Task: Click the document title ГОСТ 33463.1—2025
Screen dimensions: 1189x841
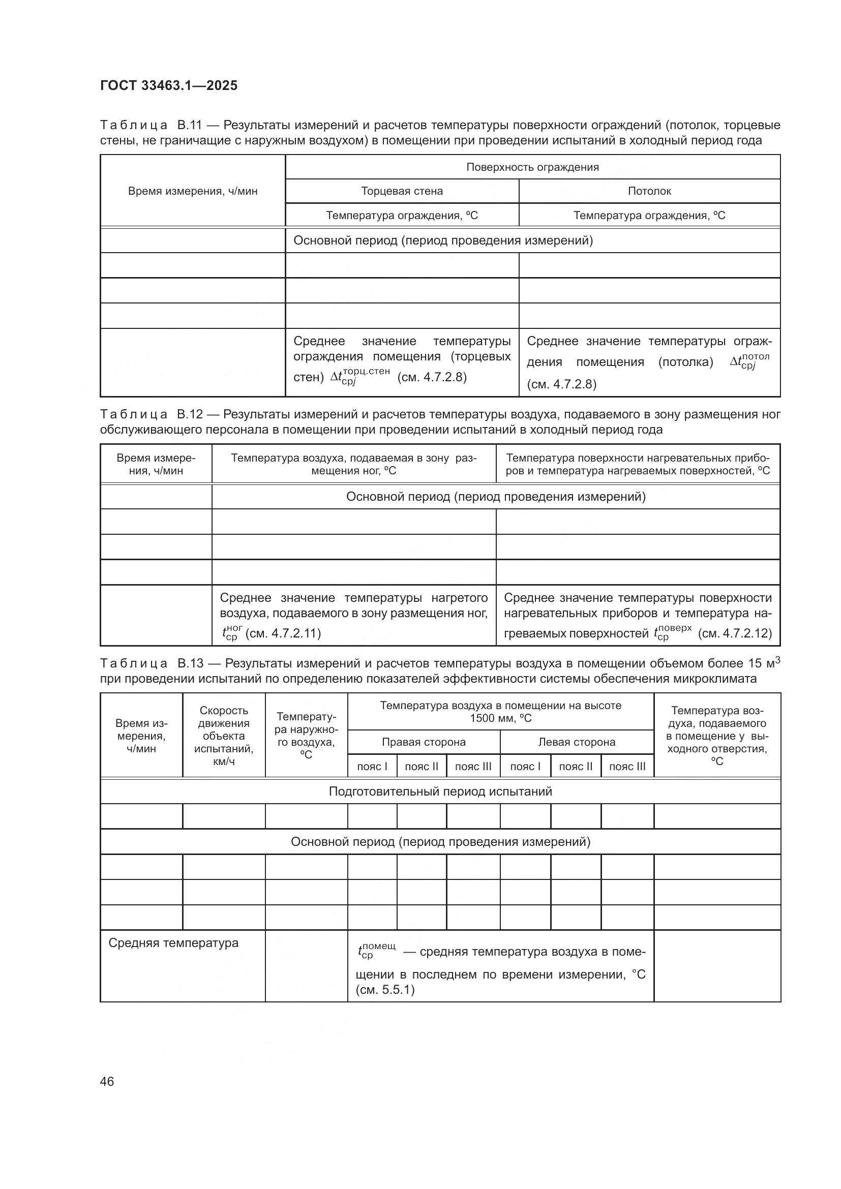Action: (169, 85)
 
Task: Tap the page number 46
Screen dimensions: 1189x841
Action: (107, 1081)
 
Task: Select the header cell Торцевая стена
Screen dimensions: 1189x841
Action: (402, 191)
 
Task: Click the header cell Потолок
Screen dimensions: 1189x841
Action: (649, 191)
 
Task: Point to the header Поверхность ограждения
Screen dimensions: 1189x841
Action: (532, 167)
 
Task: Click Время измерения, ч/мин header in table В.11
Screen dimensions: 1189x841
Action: (193, 191)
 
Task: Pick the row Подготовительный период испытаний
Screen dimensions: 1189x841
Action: (440, 791)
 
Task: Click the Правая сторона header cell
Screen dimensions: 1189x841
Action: (424, 742)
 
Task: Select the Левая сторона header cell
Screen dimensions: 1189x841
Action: (577, 742)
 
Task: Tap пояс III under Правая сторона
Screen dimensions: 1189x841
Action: (473, 767)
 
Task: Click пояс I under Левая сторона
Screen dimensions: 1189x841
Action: (525, 767)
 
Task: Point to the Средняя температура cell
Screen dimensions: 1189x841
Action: (173, 943)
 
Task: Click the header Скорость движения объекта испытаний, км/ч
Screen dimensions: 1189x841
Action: (224, 736)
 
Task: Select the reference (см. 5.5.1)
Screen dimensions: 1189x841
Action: (385, 990)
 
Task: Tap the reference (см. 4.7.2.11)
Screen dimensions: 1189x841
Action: (283, 633)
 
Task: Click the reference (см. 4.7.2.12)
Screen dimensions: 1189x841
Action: (734, 633)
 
